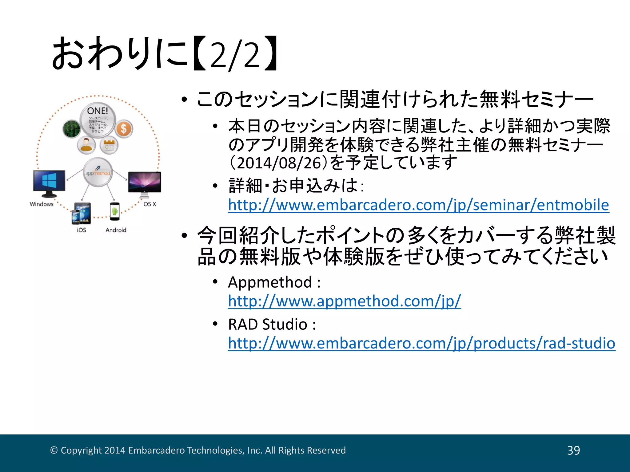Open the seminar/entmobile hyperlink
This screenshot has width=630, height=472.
[418, 205]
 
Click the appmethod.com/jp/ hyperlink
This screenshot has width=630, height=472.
[345, 301]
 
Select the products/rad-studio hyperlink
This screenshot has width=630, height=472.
[421, 343]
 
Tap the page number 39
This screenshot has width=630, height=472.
[573, 450]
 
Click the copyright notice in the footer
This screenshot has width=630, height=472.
[198, 450]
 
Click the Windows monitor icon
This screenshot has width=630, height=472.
[49, 183]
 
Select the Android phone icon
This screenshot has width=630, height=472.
[115, 211]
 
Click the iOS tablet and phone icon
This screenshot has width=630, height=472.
[82, 213]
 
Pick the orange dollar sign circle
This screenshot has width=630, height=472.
[124, 128]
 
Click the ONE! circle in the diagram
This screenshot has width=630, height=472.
[98, 120]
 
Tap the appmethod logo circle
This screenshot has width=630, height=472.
[98, 172]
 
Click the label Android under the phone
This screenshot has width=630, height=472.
[116, 230]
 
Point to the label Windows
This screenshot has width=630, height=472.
[42, 204]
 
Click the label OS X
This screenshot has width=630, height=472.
[150, 204]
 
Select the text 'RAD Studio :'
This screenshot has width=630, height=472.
[272, 324]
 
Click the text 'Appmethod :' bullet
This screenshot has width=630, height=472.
[274, 282]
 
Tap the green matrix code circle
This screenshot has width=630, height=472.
[72, 128]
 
